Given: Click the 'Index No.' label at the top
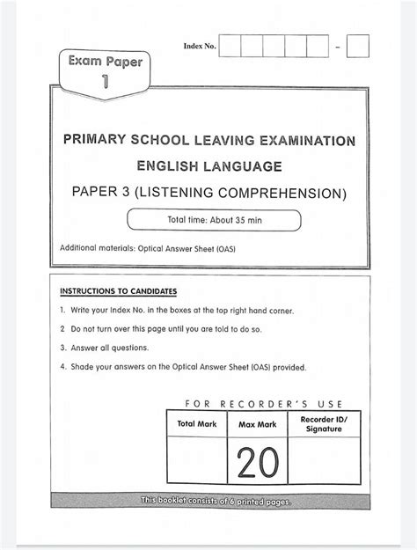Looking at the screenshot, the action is pyautogui.click(x=198, y=46).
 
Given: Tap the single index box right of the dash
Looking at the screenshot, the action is pyautogui.click(x=357, y=46).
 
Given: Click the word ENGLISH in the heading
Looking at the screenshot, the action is pyautogui.click(x=169, y=165).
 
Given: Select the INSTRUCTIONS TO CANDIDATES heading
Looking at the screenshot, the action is pyautogui.click(x=118, y=290).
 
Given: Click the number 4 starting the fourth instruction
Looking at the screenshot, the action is pyautogui.click(x=62, y=367).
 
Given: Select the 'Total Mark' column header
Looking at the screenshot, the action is pyautogui.click(x=197, y=424).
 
